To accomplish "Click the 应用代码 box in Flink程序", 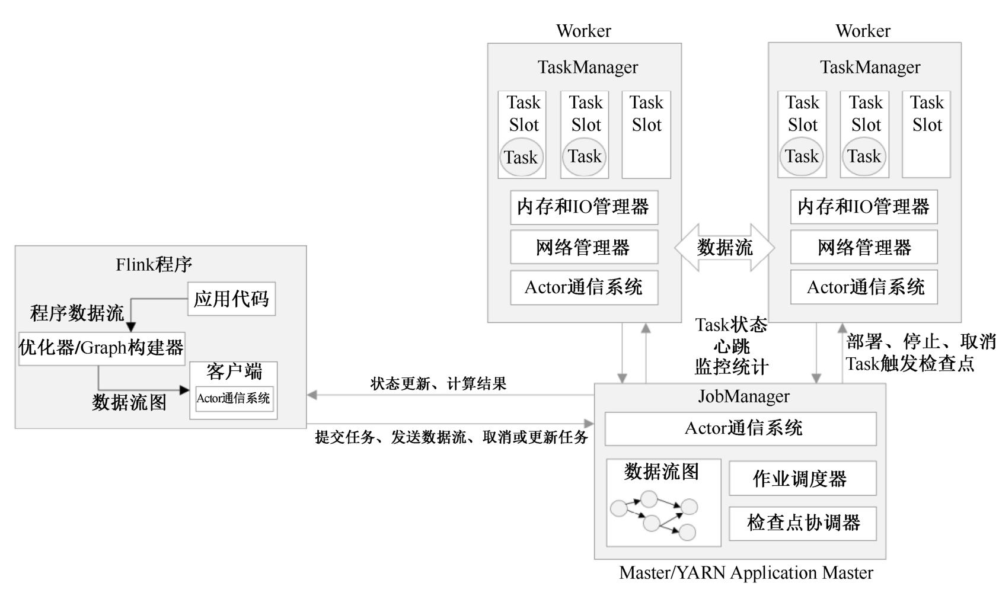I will coord(231,299).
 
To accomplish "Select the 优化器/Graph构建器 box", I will coord(101,348).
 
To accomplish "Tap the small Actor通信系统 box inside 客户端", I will coord(233,398).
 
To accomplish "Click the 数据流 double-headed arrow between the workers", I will coord(724,248).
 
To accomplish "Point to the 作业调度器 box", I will coord(802,478).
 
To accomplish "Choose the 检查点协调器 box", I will coord(802,523).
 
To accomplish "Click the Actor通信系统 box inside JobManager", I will coord(741,428).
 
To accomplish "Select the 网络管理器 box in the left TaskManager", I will coord(584,247).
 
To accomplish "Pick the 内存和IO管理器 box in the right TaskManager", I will coord(864,207).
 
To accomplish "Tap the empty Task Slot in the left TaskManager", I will coord(646,134).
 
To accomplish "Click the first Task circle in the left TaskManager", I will coord(521,158).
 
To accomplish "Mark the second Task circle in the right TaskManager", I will coord(864,157).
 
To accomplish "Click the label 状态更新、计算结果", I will coord(438,384).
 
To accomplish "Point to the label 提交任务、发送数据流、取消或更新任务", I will coord(451,437).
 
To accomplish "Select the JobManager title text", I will coord(743,396).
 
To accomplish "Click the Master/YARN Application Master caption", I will coord(746,573).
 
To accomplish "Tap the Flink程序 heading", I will coord(154,264).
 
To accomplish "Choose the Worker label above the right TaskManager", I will coord(863,31).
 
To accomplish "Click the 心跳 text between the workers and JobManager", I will coord(732,346).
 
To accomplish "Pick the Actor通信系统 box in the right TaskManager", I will coord(864,287).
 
